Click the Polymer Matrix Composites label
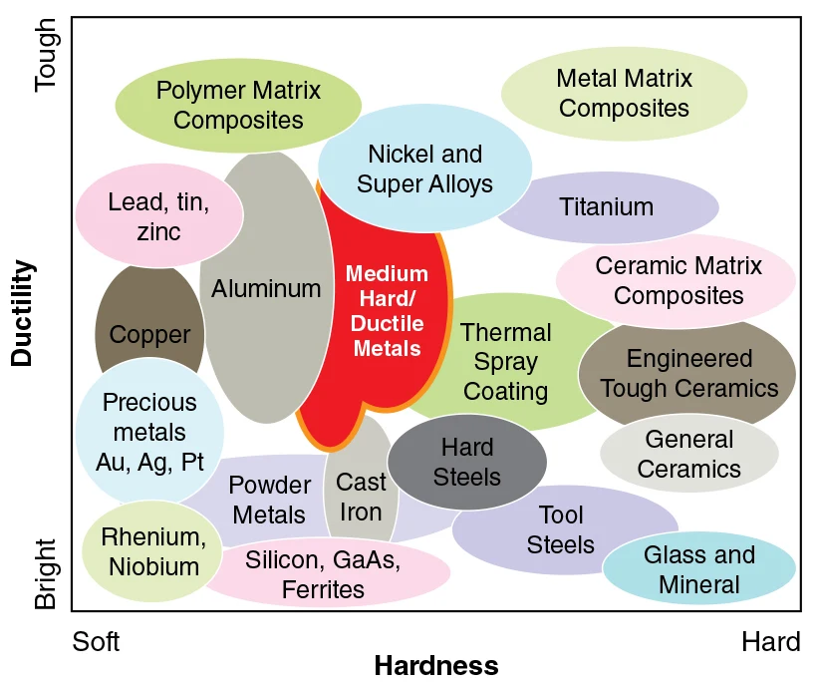[238, 106]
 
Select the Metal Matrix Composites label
[624, 93]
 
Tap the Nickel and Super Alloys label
[424, 169]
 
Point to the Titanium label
[606, 207]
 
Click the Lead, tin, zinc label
[158, 217]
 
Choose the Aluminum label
[266, 289]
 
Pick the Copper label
[149, 335]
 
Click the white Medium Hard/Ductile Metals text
[387, 310]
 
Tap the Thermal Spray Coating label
[506, 362]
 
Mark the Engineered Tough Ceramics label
[689, 373]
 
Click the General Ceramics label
[688, 454]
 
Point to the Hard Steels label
[467, 462]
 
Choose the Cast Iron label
[361, 497]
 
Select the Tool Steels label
[561, 529]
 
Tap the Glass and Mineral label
[698, 569]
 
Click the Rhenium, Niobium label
[153, 552]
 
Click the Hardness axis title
[435, 665]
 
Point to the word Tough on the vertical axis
[47, 55]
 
